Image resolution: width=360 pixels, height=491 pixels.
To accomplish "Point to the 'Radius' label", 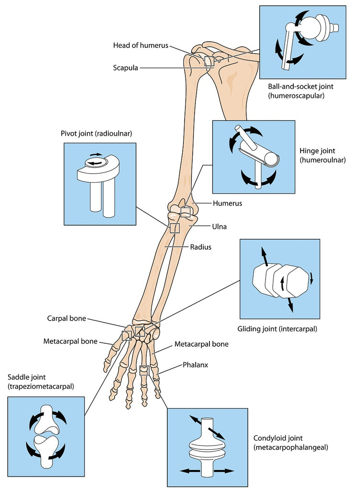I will pos(200,247).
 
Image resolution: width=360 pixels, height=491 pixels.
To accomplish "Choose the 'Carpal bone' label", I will pos(66,318).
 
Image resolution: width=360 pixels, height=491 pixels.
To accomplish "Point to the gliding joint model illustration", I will pos(279,279).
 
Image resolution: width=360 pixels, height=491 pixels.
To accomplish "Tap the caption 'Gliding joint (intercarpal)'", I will pos(277,329).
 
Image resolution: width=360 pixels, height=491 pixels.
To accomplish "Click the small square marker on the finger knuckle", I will pos(144,369).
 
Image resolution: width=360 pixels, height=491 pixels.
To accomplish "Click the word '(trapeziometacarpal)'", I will pos(40,386).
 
